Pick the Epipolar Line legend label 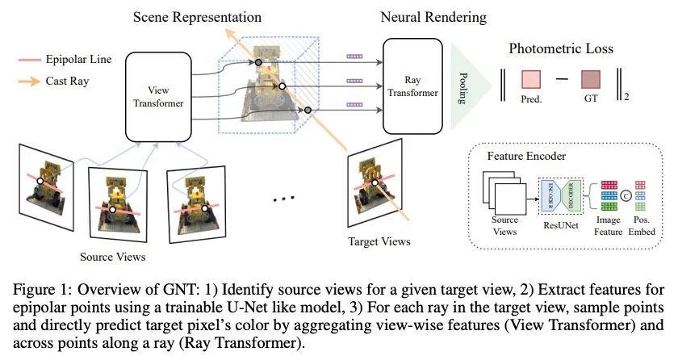(78, 59)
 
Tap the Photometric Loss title (561, 48)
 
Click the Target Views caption (379, 241)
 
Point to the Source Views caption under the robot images (113, 257)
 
